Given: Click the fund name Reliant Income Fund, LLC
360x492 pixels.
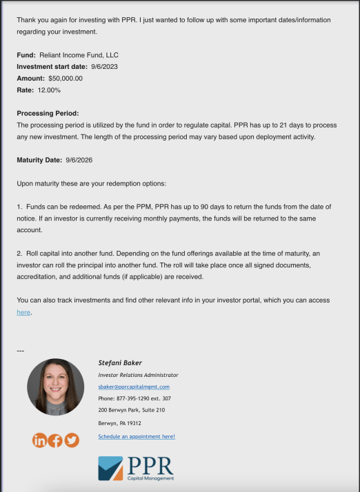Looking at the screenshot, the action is [x=83, y=55].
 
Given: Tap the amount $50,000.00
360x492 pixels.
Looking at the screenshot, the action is [x=66, y=79].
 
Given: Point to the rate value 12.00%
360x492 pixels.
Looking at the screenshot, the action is [x=50, y=90].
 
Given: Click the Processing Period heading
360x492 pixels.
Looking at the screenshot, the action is [x=48, y=113].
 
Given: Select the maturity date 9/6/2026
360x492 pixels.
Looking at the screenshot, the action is [x=79, y=160].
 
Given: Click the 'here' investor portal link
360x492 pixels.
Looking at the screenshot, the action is [x=23, y=312].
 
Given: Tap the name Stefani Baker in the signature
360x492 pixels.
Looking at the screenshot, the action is [x=121, y=362].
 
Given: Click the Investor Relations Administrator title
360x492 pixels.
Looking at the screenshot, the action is [x=138, y=375].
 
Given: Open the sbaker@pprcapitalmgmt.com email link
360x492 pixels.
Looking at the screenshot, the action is [x=134, y=387].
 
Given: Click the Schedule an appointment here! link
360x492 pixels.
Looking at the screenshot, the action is [x=137, y=436].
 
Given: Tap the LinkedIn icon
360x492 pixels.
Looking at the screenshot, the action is [x=39, y=440].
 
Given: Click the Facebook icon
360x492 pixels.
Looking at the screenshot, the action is [x=55, y=440].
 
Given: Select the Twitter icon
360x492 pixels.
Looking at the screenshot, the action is [x=71, y=440].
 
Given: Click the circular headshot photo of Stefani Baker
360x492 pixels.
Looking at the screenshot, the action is [x=55, y=387].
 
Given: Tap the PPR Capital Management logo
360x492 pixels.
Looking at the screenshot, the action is [x=136, y=468].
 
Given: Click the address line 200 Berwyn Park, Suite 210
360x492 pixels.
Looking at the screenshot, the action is [x=131, y=410].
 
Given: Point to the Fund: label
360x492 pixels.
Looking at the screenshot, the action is [x=26, y=55].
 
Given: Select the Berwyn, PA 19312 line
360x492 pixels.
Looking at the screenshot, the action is [x=119, y=423].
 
